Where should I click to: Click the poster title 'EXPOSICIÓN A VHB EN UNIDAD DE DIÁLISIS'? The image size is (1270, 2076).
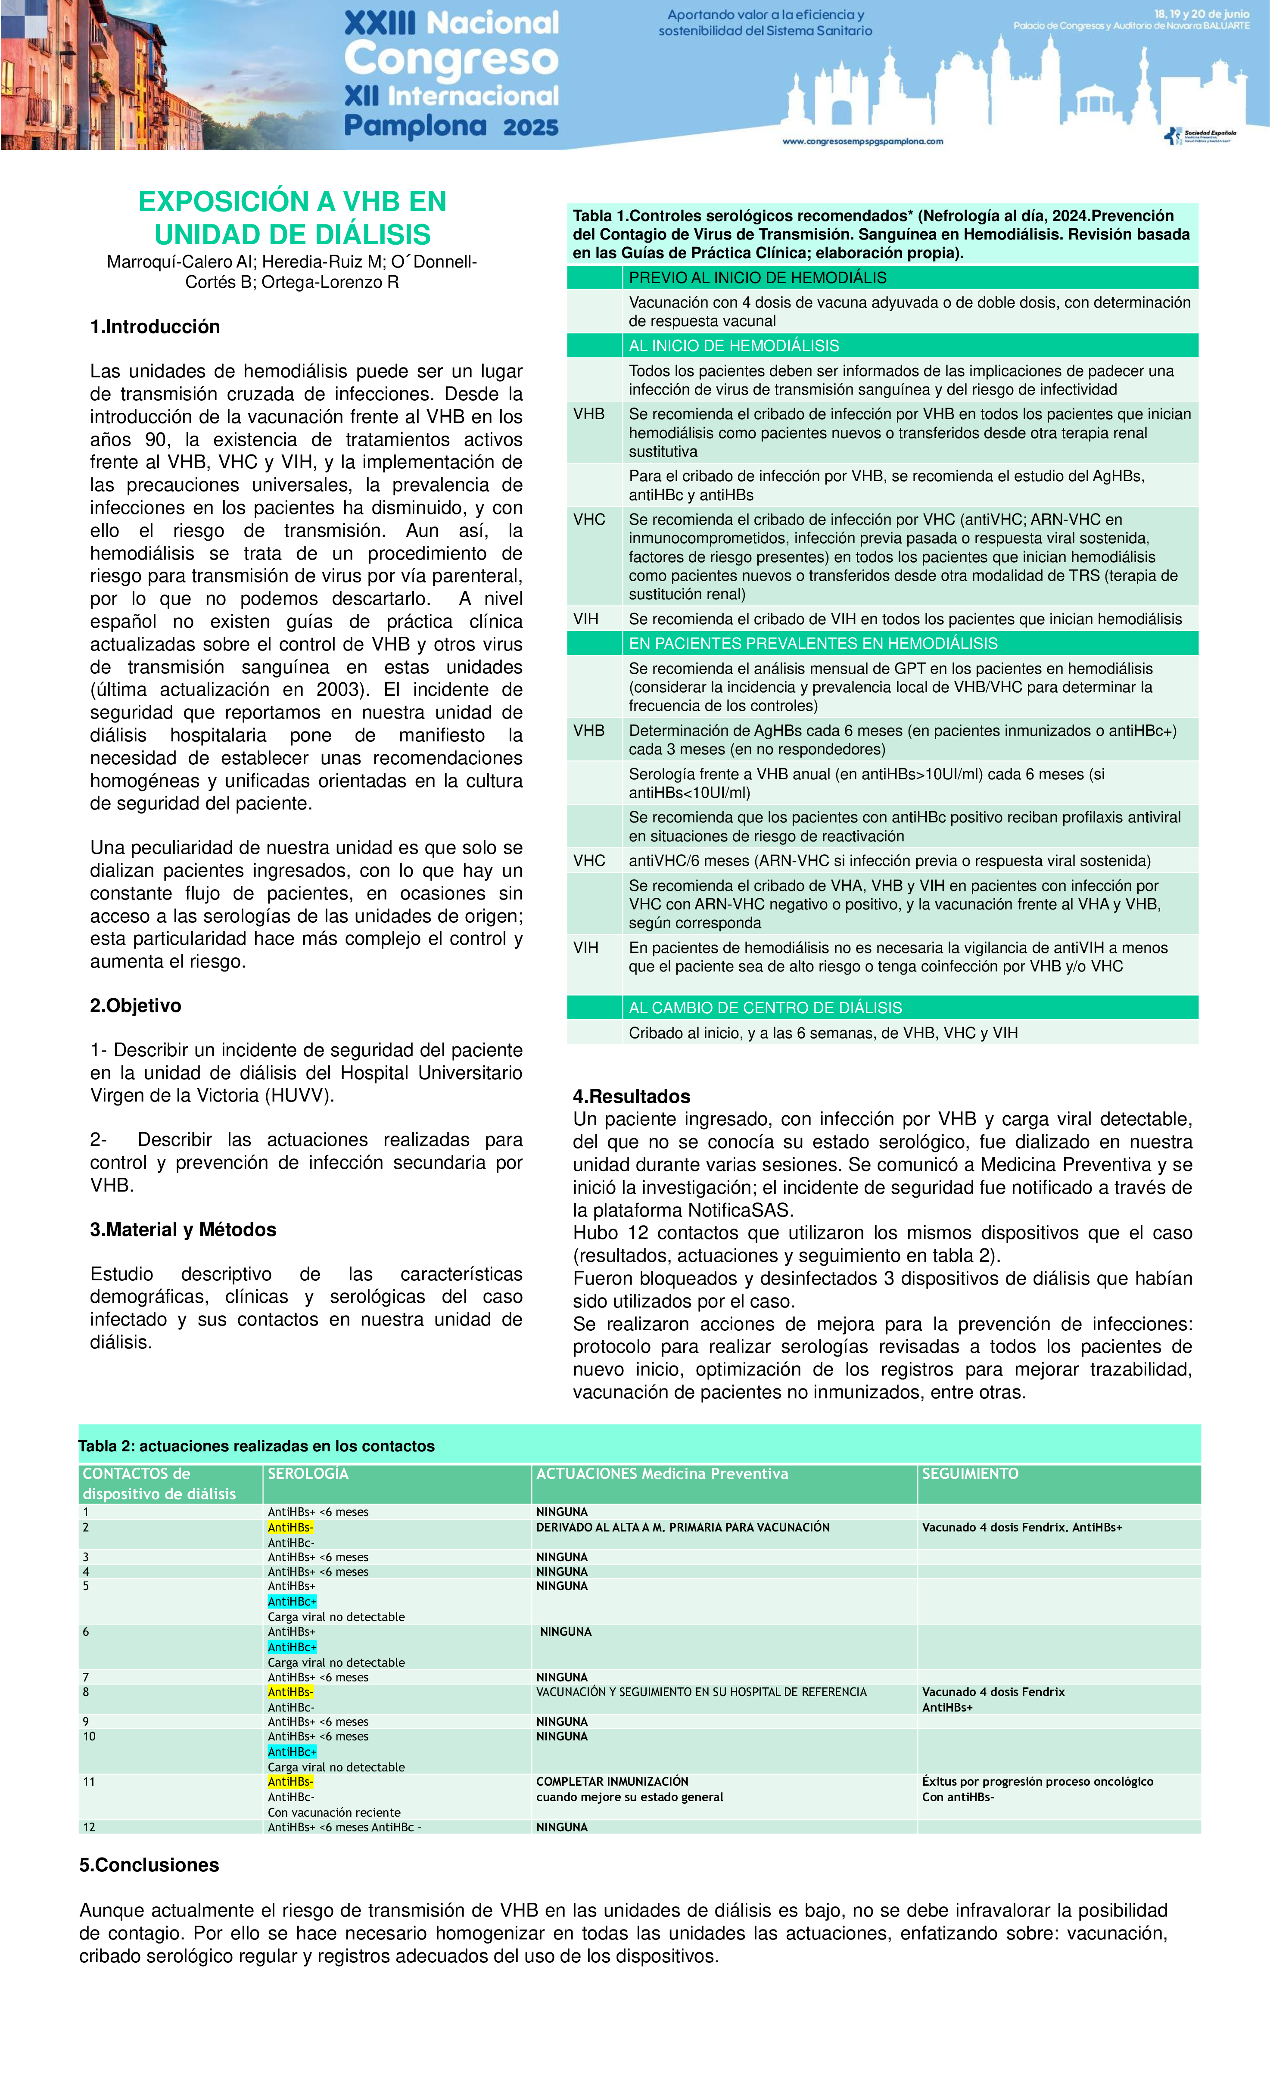(x=293, y=218)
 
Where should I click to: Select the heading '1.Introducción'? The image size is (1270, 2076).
(x=155, y=327)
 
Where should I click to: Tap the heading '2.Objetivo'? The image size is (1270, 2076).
(x=136, y=1006)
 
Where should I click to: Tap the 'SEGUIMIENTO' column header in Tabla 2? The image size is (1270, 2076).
(x=970, y=1474)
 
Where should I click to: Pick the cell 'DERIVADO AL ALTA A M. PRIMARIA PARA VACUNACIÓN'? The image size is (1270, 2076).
(x=683, y=1528)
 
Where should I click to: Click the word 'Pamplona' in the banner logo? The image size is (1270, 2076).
(x=415, y=126)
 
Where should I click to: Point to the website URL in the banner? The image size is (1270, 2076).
(x=863, y=142)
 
